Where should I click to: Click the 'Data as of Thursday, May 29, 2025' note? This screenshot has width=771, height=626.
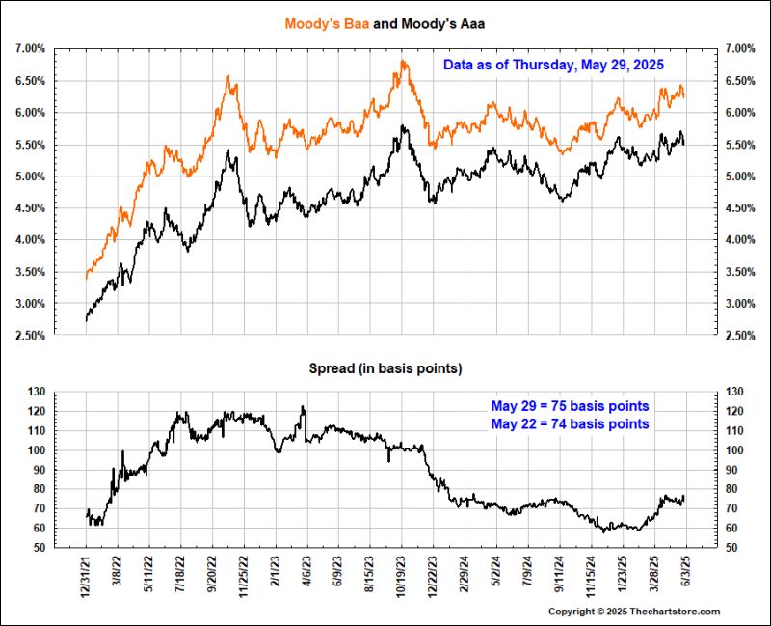click(553, 66)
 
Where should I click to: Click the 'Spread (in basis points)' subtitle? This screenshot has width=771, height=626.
click(385, 368)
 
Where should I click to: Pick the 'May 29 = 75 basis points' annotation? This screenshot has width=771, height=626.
click(570, 405)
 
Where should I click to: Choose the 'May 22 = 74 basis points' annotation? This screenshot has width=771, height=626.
click(570, 423)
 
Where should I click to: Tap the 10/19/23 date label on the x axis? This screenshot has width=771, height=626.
click(402, 575)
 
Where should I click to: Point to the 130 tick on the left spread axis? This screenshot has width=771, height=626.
click(38, 392)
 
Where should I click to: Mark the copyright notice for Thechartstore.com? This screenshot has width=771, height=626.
click(634, 612)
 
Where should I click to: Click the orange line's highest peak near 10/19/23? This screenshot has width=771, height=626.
click(402, 61)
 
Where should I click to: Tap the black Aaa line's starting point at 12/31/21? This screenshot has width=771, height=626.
click(87, 318)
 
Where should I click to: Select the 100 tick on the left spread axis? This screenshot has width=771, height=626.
click(38, 450)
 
